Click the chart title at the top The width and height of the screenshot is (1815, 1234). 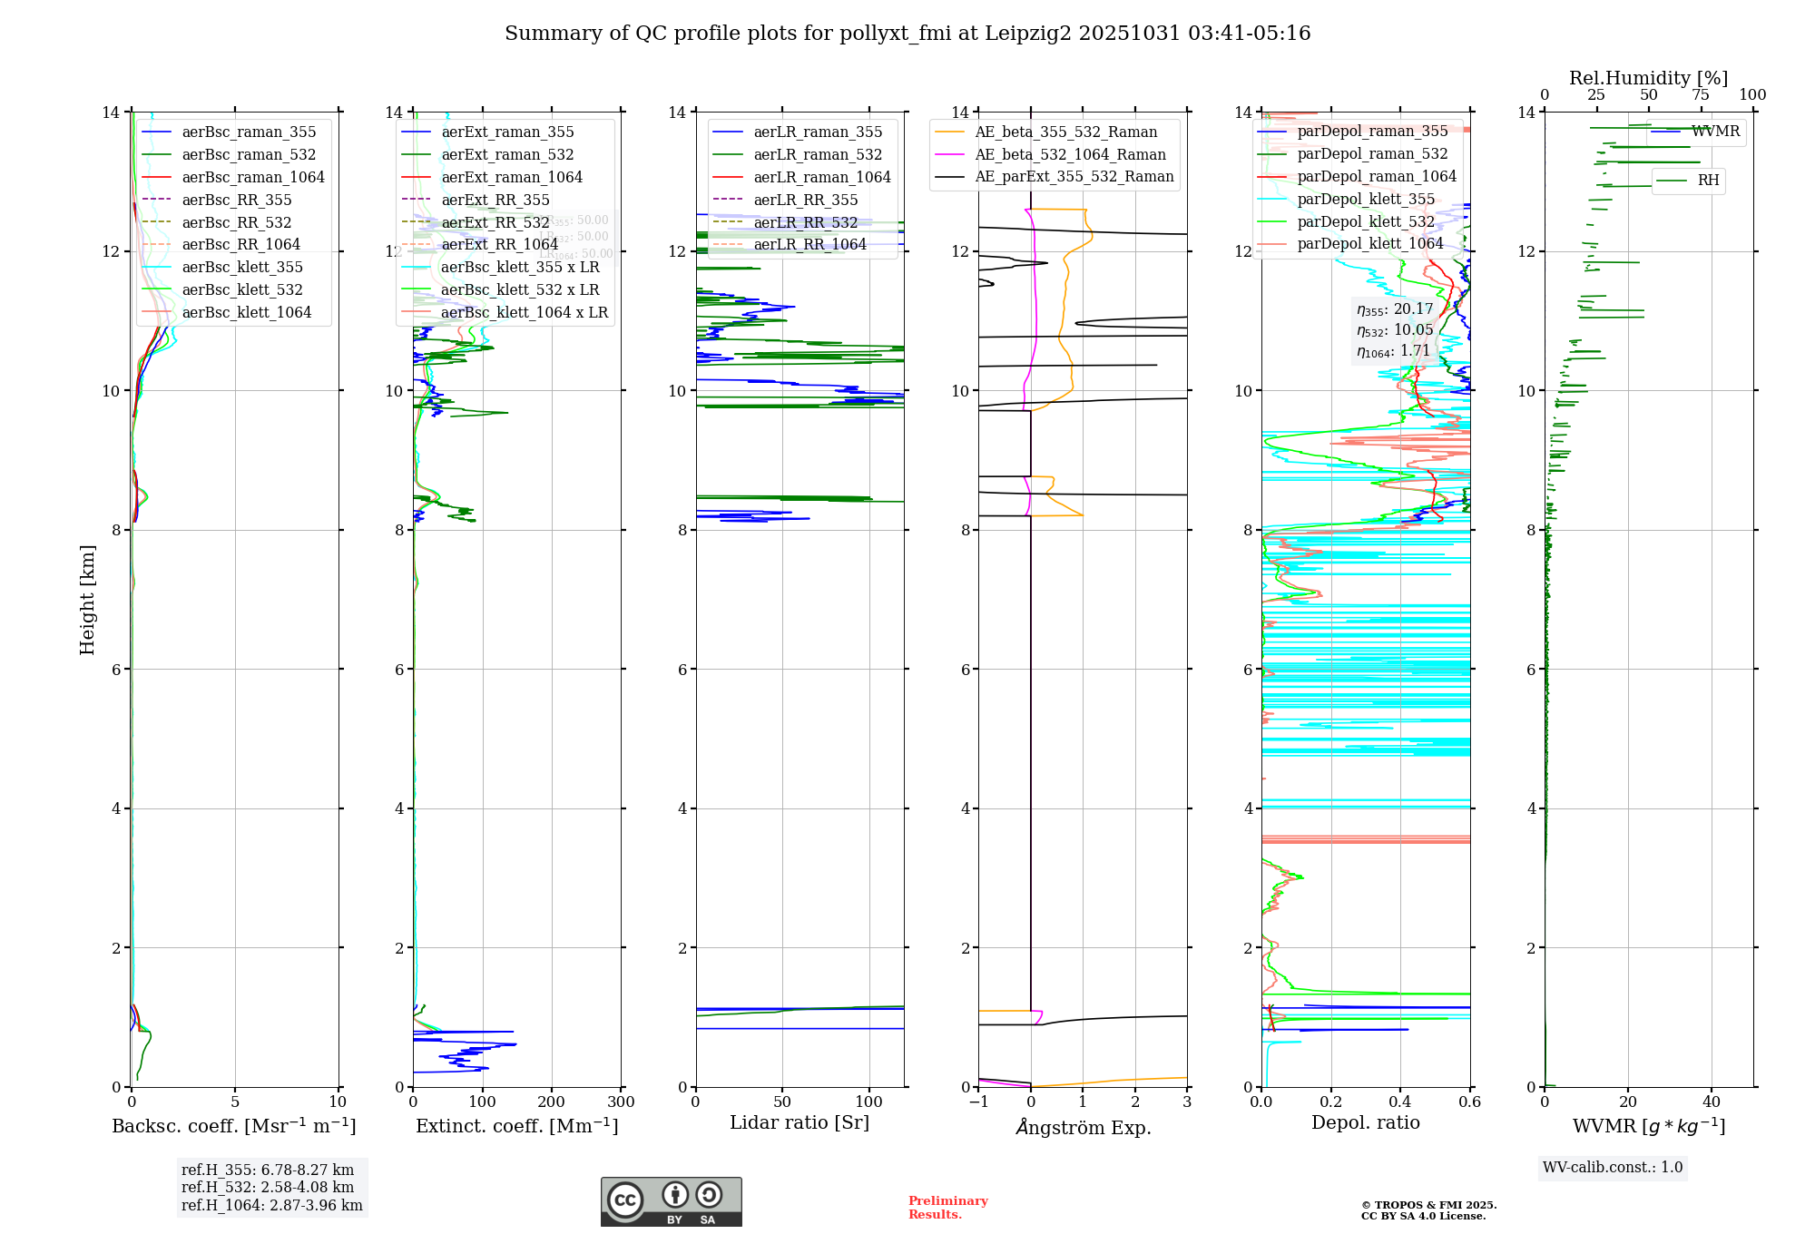tap(907, 34)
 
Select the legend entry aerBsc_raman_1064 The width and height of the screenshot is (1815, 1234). tap(252, 177)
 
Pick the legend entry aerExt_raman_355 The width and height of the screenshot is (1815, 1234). tap(507, 132)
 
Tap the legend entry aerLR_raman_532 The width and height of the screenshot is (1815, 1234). tap(818, 155)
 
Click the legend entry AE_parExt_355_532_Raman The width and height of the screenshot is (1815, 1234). tap(1074, 177)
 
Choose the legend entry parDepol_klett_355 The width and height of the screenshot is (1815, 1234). tap(1366, 200)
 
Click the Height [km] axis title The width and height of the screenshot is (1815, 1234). tap(87, 599)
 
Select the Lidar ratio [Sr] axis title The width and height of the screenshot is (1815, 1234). tap(799, 1123)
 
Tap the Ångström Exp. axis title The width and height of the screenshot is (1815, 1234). tap(1083, 1128)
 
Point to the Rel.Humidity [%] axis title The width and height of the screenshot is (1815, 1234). tap(1648, 78)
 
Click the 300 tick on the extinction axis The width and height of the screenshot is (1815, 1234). tap(621, 1102)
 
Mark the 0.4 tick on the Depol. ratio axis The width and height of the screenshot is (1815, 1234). tap(1400, 1102)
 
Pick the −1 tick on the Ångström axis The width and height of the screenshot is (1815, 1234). tap(978, 1102)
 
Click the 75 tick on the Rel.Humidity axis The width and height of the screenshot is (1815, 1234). tap(1701, 95)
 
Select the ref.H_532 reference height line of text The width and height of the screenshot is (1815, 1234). tap(268, 1188)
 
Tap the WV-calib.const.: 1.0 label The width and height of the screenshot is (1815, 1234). tap(1613, 1168)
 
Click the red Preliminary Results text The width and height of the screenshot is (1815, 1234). tap(947, 1208)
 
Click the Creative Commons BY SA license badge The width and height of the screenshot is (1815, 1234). tap(671, 1202)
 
